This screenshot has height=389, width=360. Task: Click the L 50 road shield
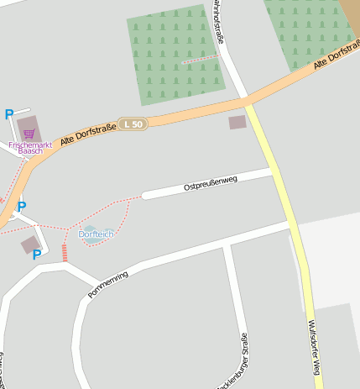[133, 124]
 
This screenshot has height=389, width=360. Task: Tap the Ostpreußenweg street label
[211, 183]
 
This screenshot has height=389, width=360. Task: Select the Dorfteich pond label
[96, 234]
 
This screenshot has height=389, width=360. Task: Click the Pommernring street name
[107, 285]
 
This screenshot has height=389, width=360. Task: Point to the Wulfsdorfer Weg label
[314, 347]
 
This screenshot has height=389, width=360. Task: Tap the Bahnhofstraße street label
[219, 21]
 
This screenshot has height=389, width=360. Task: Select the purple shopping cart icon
[29, 134]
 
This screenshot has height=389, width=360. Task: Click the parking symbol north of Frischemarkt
[9, 114]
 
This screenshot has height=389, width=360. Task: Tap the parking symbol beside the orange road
[22, 206]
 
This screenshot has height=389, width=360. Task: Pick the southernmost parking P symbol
[37, 255]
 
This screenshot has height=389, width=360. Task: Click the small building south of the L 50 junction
[238, 123]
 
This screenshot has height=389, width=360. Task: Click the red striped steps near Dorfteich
[64, 252]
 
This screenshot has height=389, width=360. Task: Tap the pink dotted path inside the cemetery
[201, 59]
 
